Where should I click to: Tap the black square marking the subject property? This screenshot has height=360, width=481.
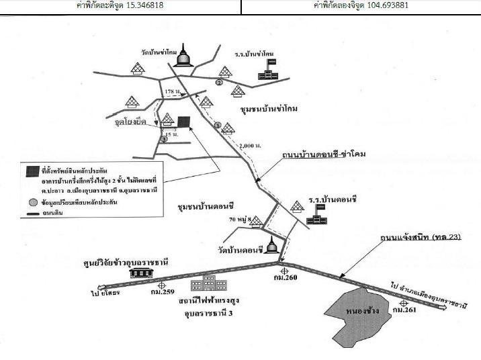(183, 122)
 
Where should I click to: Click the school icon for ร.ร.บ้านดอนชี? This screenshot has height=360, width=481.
(316, 214)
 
